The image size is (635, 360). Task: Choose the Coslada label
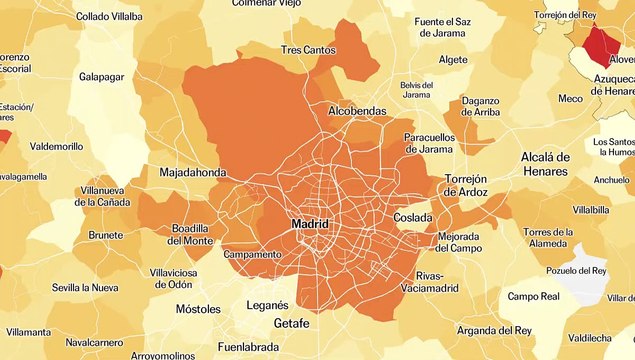413,217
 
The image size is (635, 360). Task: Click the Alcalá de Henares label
545,165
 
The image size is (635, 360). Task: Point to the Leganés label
267,305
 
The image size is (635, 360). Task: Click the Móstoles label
197,309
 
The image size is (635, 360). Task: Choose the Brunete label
105,235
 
